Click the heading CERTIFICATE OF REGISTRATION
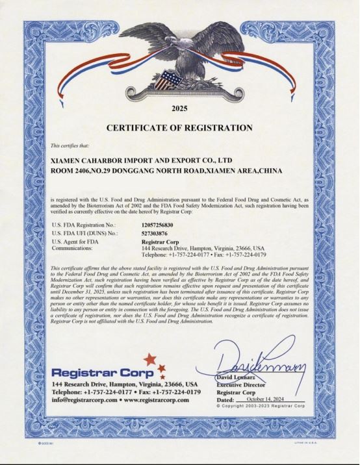pos(179,127)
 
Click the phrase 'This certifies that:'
pos(68,144)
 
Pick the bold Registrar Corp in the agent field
pos(159,241)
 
